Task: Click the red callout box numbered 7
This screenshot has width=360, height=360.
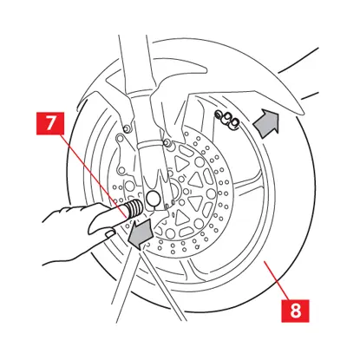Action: point(50,123)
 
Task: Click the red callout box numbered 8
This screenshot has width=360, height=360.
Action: point(295,311)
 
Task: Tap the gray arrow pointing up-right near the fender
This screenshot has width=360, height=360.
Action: point(266,123)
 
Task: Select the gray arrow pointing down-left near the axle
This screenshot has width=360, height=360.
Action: point(140,233)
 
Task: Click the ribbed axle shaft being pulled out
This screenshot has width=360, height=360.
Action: point(134,208)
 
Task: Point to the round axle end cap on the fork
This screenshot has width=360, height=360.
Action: point(153,198)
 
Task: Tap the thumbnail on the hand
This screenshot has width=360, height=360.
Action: point(110,233)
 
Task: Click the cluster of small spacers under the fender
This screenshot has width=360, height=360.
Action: point(227,120)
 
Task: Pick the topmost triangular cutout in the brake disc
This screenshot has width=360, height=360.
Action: point(182,164)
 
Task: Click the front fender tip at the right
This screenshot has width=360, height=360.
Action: point(301,111)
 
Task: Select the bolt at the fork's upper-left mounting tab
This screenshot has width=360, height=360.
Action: point(126,128)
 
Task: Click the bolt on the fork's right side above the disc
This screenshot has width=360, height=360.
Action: point(167,143)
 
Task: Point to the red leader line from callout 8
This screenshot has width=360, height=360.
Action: point(276,280)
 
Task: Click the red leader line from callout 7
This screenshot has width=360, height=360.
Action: point(95,176)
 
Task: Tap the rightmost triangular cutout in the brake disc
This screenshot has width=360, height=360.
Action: point(196,180)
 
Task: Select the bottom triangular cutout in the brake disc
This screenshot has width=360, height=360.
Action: point(182,217)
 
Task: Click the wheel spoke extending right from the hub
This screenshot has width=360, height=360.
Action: point(245,185)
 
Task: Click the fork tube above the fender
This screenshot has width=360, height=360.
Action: point(136,63)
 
